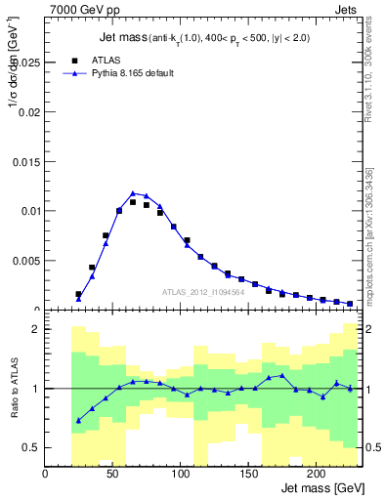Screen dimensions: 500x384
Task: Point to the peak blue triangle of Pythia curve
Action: click(x=133, y=193)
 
